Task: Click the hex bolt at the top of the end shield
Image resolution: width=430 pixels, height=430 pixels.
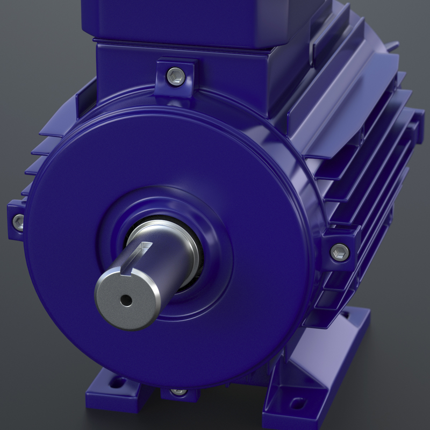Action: (174, 74)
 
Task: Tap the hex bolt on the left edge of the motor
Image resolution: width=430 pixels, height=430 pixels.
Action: (18, 220)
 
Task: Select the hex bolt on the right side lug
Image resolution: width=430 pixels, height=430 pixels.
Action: (339, 251)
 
